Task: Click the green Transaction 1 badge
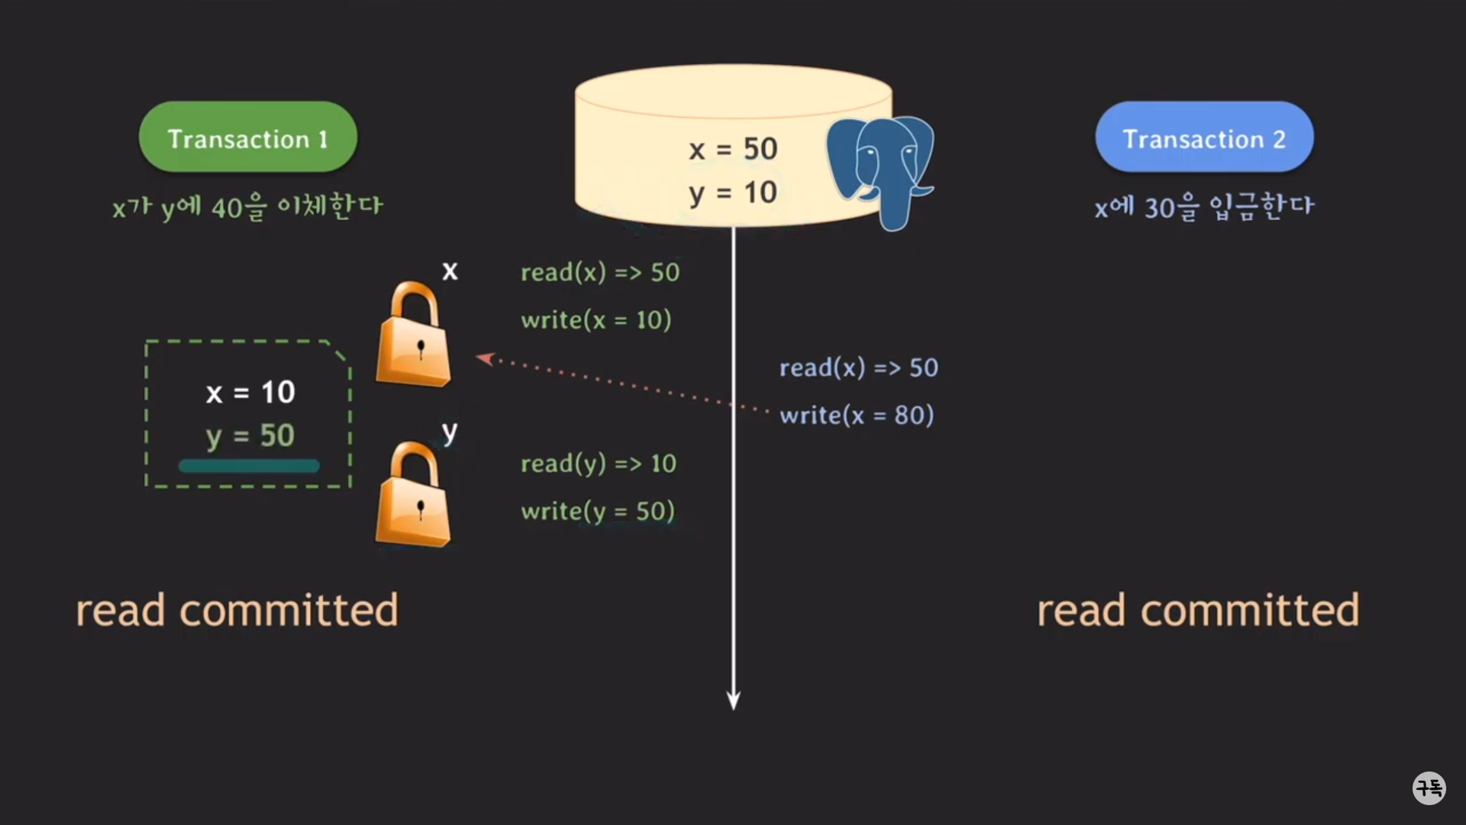click(x=247, y=137)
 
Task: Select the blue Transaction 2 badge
click(x=1204, y=137)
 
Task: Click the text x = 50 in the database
click(x=733, y=149)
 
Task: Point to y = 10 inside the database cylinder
click(x=733, y=192)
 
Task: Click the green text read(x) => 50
click(x=600, y=273)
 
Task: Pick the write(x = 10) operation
click(x=596, y=320)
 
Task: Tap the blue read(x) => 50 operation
click(x=859, y=368)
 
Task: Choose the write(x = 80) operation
click(x=857, y=416)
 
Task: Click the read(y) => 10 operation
click(x=599, y=464)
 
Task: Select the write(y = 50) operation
click(x=598, y=511)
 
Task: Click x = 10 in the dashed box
click(x=250, y=393)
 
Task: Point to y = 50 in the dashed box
click(x=250, y=436)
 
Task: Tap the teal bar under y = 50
click(x=249, y=466)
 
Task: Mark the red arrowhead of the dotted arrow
click(x=484, y=357)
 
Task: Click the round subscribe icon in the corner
click(x=1429, y=788)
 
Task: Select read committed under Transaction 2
click(x=1198, y=610)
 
